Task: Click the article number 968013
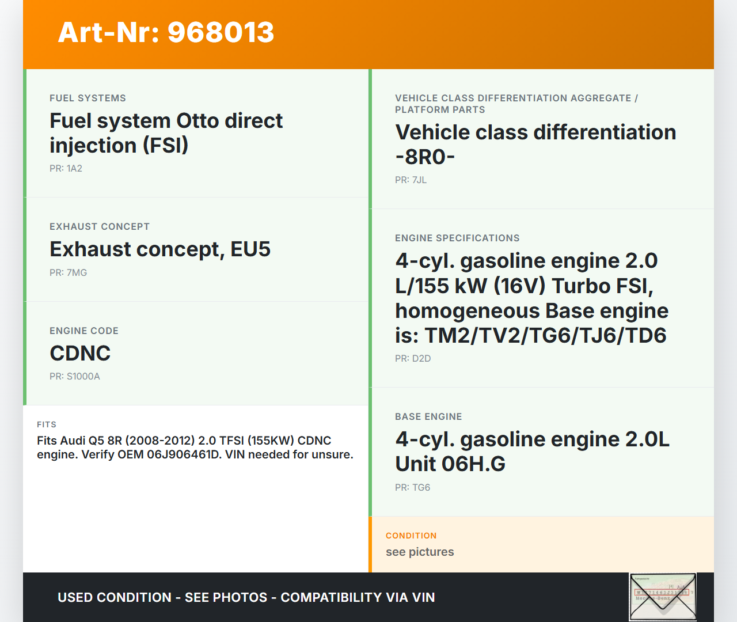pyautogui.click(x=221, y=32)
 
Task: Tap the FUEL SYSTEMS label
pyautogui.click(x=88, y=98)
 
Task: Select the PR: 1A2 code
pyautogui.click(x=66, y=168)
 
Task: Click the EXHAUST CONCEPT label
pyautogui.click(x=100, y=227)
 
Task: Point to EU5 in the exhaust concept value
pyautogui.click(x=250, y=249)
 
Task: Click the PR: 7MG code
pyautogui.click(x=68, y=272)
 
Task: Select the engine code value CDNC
pyautogui.click(x=80, y=354)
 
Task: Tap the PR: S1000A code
pyautogui.click(x=74, y=376)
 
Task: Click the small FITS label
pyautogui.click(x=47, y=424)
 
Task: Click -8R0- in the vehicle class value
pyautogui.click(x=425, y=157)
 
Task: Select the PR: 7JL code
pyautogui.click(x=411, y=180)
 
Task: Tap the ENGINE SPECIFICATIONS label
pyautogui.click(x=457, y=238)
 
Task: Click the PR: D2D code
pyautogui.click(x=413, y=358)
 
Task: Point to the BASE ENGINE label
pyautogui.click(x=428, y=416)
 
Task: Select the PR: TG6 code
pyautogui.click(x=413, y=487)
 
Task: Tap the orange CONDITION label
pyautogui.click(x=411, y=536)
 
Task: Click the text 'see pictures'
pyautogui.click(x=420, y=552)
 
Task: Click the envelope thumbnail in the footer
pyautogui.click(x=663, y=597)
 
